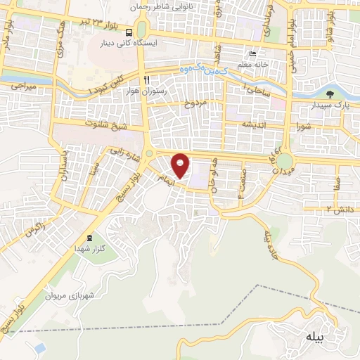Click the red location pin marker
click(181, 165)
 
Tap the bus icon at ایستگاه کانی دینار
click(128, 32)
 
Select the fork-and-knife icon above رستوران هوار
click(146, 79)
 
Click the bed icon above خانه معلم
click(252, 55)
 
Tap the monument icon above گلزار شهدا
click(89, 238)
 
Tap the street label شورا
click(304, 127)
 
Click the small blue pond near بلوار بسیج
click(39, 348)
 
